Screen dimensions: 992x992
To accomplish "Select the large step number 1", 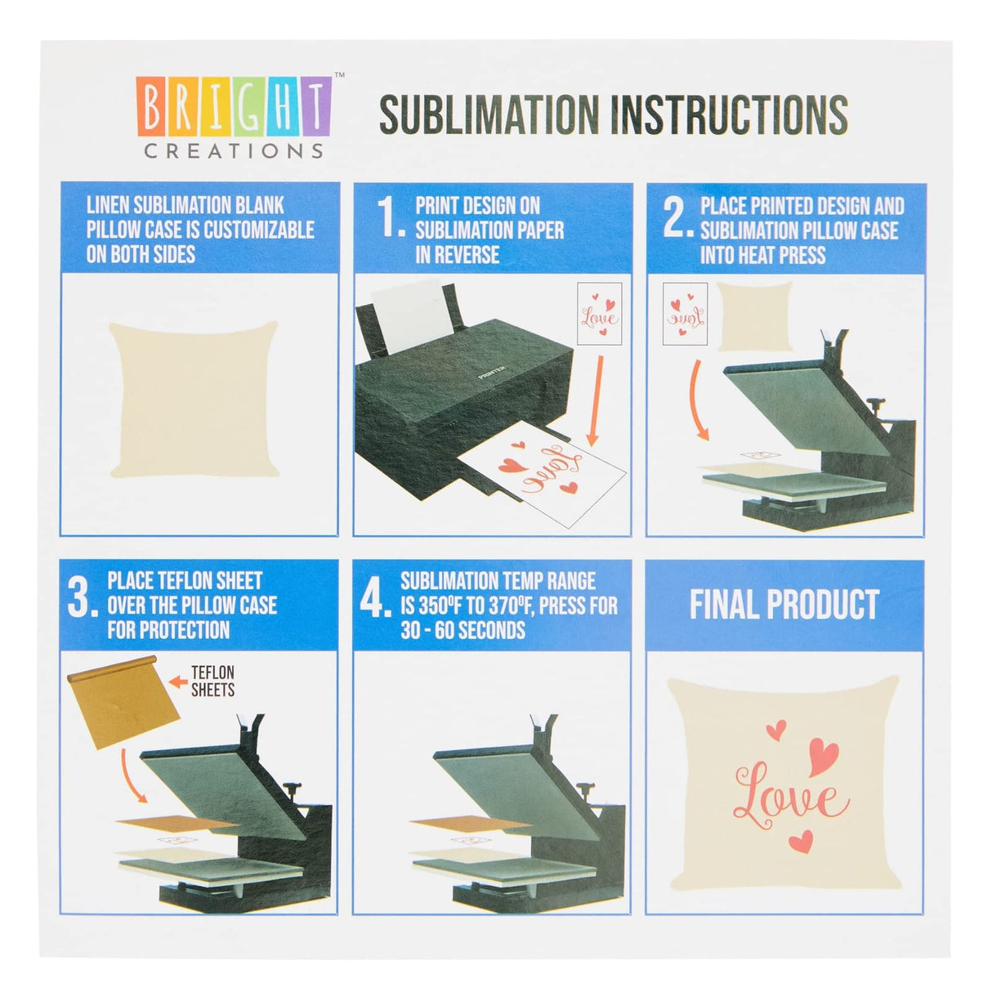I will coord(391,218).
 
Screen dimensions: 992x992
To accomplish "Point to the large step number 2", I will coord(677,218).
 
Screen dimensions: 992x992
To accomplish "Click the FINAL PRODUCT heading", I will coord(784,605).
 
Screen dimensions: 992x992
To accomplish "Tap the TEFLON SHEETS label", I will coord(212,681).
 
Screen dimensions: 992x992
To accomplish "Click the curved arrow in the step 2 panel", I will coord(699,400).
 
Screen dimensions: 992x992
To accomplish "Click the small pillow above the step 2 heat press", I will coord(753,315).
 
